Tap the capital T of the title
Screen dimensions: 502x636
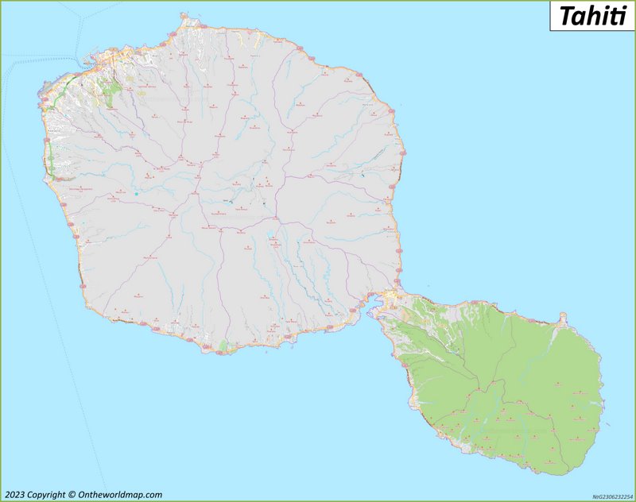click(x=566, y=16)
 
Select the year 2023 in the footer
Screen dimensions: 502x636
click(x=14, y=495)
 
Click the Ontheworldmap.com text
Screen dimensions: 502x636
click(x=120, y=495)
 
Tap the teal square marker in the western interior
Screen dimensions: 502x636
click(x=137, y=194)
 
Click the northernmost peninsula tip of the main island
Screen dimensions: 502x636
click(x=184, y=14)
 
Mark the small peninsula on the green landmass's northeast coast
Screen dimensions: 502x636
click(x=563, y=319)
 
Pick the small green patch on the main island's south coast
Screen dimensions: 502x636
click(x=223, y=346)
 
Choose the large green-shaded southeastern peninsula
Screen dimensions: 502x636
click(x=509, y=381)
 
